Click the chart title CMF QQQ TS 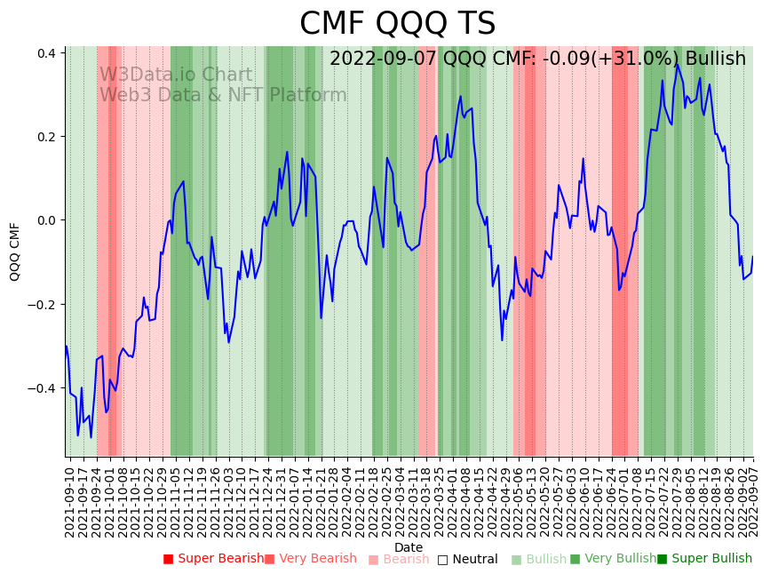point(397,24)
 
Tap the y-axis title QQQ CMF point(15,251)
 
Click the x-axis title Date point(409,547)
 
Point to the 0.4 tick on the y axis point(46,53)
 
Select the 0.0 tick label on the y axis point(46,220)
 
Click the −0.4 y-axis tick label point(43,388)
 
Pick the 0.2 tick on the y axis point(46,137)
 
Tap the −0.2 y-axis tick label point(43,305)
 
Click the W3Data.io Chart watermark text point(176,76)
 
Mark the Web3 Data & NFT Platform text point(223,95)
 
